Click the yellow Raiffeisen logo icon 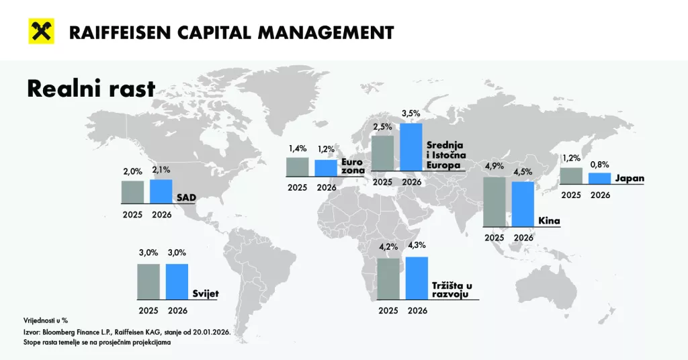tap(41, 31)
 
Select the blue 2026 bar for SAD tap(161, 191)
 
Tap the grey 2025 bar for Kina tap(494, 202)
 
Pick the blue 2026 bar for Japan tap(600, 178)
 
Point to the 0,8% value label tap(600, 163)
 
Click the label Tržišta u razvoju tap(456, 289)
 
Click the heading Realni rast tap(91, 89)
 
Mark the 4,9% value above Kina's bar tap(494, 167)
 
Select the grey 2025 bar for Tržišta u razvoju tap(388, 278)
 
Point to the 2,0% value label tap(132, 171)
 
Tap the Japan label tap(630, 178)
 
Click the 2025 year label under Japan tap(571, 195)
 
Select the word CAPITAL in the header tap(227, 32)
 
